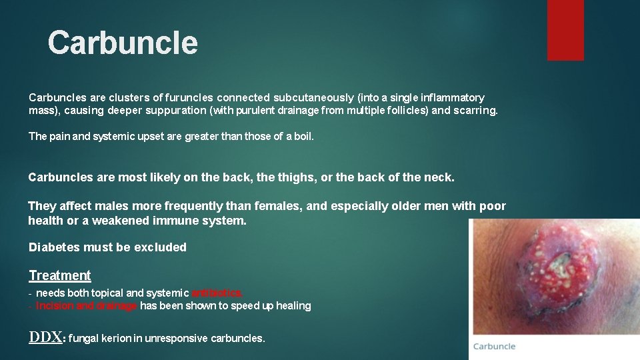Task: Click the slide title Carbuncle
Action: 123,43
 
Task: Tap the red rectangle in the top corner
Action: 565,29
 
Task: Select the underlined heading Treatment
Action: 60,275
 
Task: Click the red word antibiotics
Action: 217,293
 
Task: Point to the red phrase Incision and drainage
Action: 87,306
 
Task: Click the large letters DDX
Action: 45,337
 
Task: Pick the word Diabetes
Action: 54,247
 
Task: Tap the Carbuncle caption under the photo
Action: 494,346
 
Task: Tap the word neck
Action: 439,177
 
